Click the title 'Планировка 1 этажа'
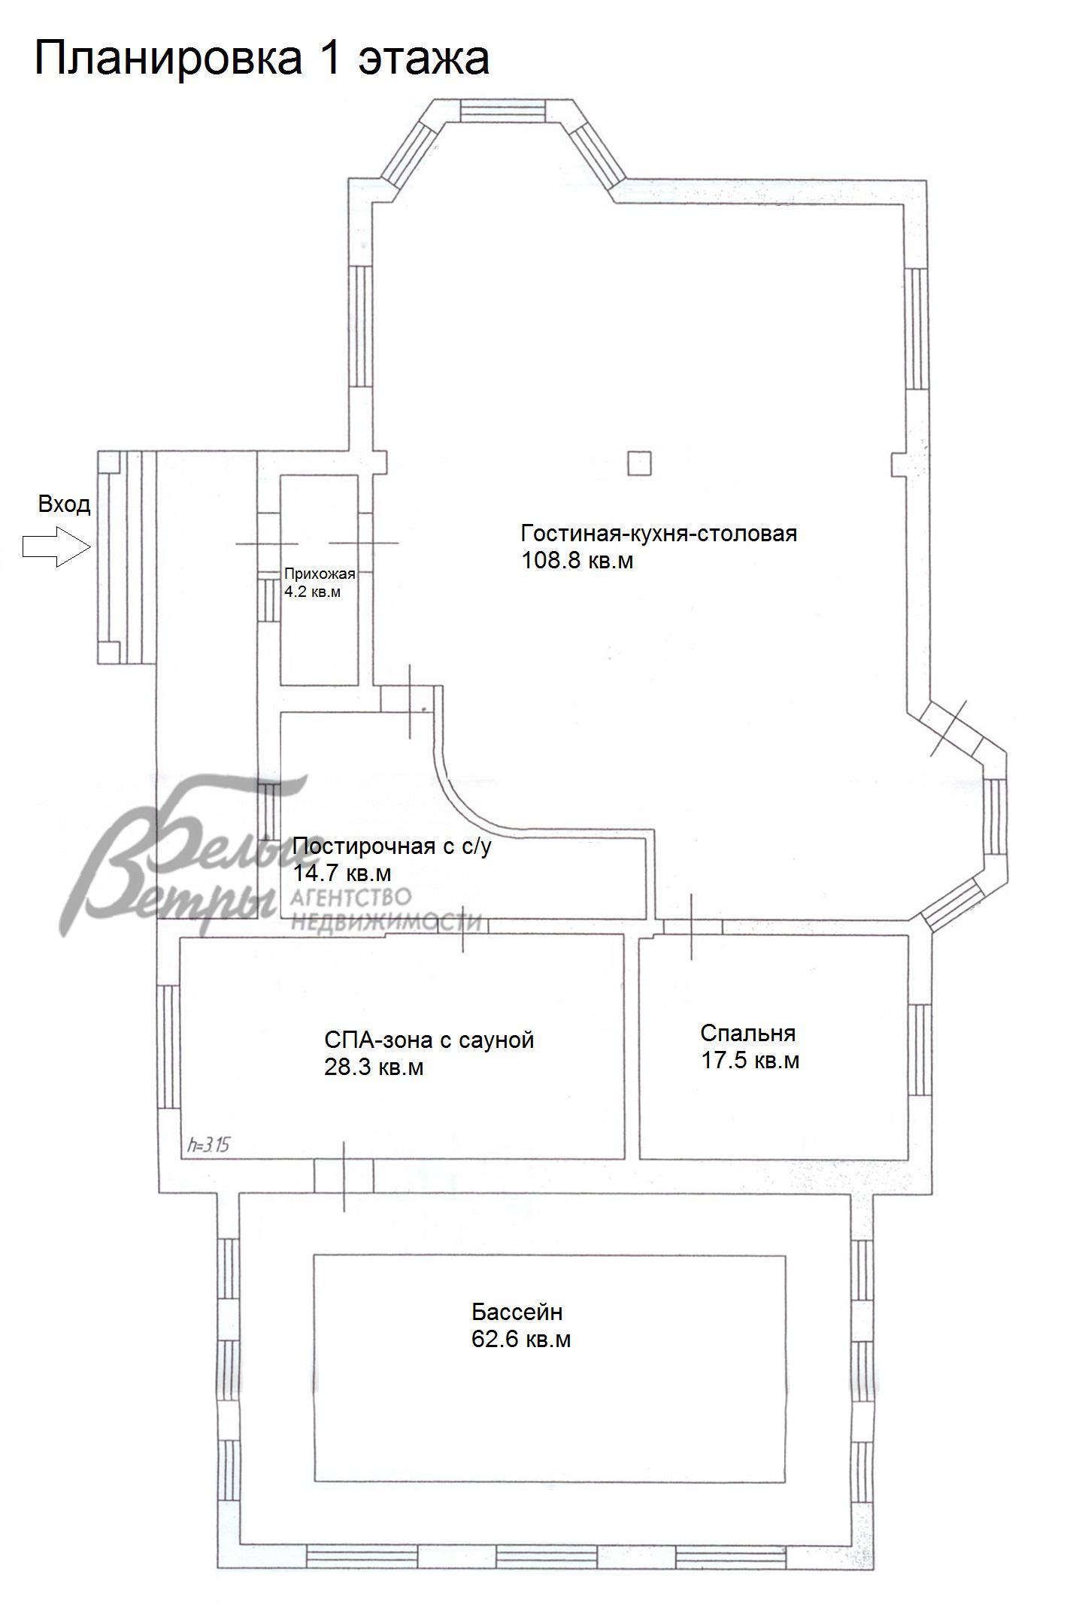tap(262, 59)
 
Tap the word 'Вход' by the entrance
tap(64, 504)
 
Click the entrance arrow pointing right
tap(57, 546)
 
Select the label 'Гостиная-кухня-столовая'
tap(659, 534)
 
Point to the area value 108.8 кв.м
tap(577, 560)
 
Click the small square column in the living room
tap(638, 462)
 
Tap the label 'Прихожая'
tap(320, 574)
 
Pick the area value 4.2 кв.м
tap(312, 592)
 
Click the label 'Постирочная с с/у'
tap(392, 846)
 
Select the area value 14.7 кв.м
tap(341, 873)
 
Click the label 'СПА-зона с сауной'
tap(429, 1040)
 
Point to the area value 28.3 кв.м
tap(374, 1067)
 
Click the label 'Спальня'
tap(747, 1033)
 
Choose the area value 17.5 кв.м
tap(750, 1060)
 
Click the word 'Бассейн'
tap(517, 1313)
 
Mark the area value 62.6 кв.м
tap(521, 1339)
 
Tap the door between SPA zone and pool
tap(344, 1175)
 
